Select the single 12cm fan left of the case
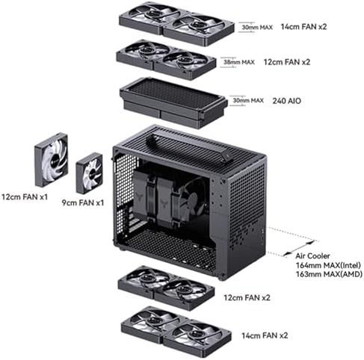51,160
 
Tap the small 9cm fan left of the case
89,173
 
